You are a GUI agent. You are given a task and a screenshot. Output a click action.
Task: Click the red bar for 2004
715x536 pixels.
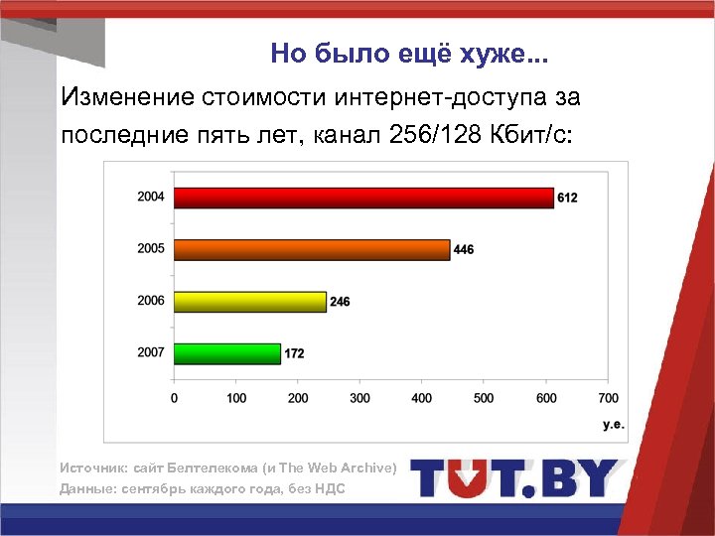pos(363,198)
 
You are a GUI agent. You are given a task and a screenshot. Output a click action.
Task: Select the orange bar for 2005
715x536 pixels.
pos(312,249)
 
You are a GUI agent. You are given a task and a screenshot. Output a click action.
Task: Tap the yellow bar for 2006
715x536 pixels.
pos(250,301)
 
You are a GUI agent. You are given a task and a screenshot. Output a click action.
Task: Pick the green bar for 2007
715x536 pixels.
pos(227,352)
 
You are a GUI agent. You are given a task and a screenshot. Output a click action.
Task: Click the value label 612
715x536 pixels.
pos(567,199)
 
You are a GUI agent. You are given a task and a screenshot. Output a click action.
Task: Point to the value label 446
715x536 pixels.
pos(464,250)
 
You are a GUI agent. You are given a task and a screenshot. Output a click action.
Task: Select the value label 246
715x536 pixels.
pos(340,302)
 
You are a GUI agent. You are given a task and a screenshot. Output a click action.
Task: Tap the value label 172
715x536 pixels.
pos(295,353)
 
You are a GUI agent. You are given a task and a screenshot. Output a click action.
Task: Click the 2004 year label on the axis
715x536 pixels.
pos(151,197)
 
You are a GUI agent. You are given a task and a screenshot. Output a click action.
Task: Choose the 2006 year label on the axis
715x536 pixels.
pos(151,300)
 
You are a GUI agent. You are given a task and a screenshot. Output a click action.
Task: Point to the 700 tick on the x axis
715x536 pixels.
pos(608,398)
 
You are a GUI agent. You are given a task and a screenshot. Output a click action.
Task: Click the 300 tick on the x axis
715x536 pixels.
pos(360,398)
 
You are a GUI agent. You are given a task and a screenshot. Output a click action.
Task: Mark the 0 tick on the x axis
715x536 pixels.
pos(176,398)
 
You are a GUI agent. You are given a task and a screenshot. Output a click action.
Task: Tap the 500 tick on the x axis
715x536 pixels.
pos(484,398)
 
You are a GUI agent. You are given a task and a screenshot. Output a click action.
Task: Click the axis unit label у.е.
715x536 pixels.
pos(614,424)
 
